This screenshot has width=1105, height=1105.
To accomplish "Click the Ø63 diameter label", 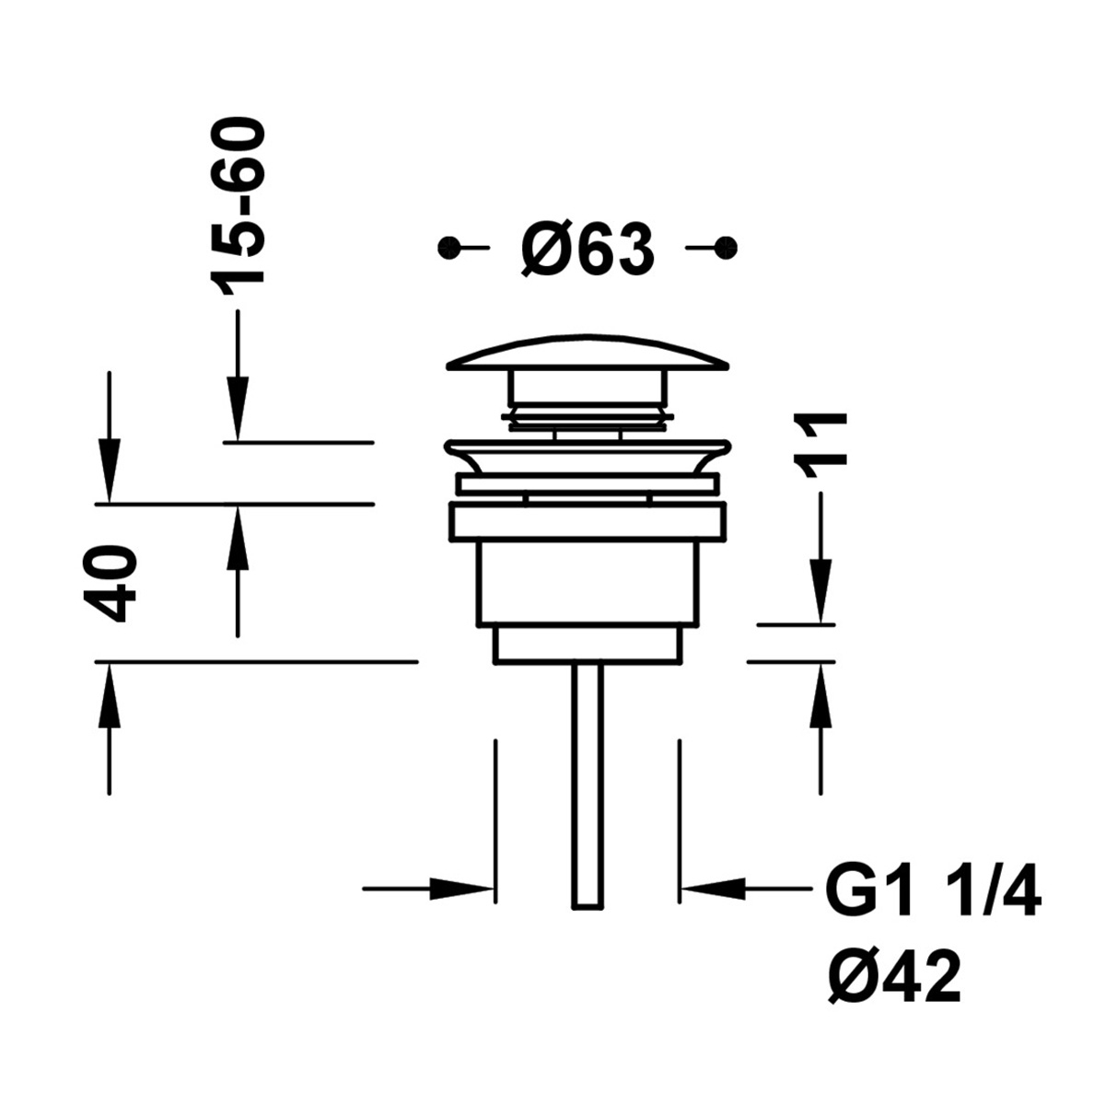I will [587, 249].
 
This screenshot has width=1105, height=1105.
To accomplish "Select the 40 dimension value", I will [110, 583].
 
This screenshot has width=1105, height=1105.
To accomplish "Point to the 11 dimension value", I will [821, 445].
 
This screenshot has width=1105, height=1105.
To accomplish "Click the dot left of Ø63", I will [448, 247].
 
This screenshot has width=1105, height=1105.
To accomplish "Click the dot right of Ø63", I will [727, 247].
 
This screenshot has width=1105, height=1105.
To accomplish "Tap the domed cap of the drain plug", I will [587, 355].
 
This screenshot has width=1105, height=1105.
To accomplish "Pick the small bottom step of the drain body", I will [587, 644].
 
